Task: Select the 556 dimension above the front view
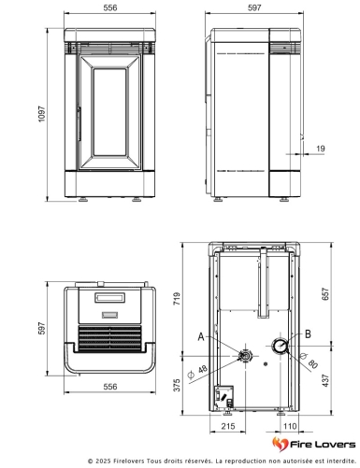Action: pos(110,7)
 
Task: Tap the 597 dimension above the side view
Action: pos(254,7)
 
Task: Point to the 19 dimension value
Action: pos(321,149)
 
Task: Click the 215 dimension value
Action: pos(226,426)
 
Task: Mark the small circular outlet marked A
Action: pos(243,356)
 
